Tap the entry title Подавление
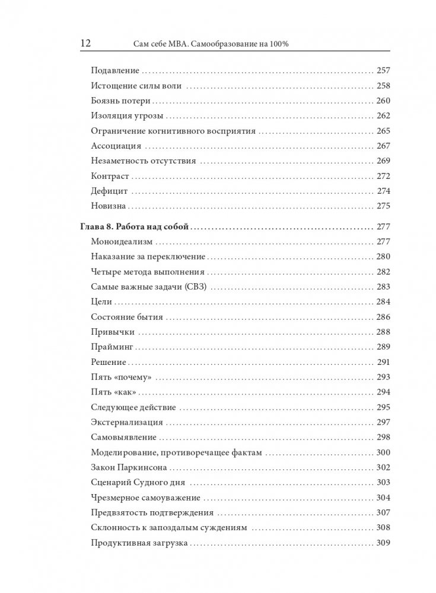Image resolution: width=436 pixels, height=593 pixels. coord(115,69)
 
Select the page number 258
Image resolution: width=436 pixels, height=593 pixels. coord(383,85)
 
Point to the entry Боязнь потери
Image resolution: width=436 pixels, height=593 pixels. coord(122,100)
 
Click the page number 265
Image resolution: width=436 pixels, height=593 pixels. coord(383,131)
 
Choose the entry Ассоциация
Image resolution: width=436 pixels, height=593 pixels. coord(116,146)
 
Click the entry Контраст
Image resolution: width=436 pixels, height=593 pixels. coord(111,176)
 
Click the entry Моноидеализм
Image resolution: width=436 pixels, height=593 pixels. coord(122,242)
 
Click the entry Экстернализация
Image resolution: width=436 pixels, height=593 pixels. coord(128,422)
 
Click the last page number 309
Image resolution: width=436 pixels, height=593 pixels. coord(383,543)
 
